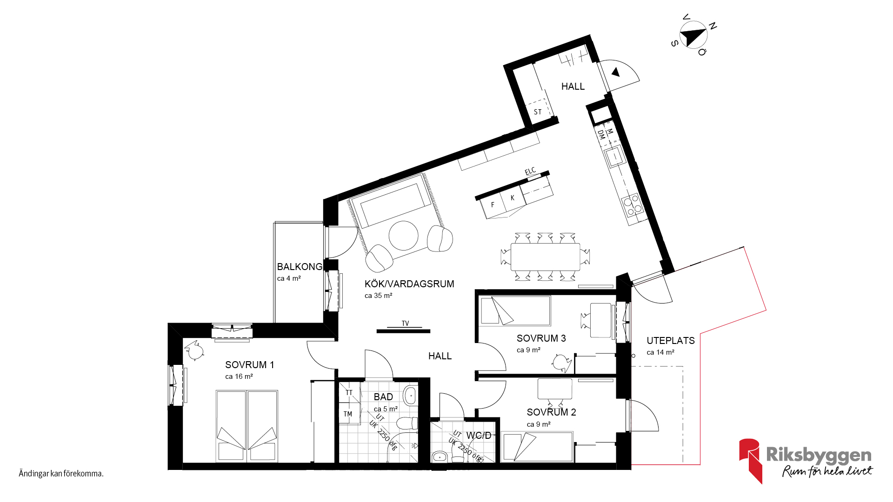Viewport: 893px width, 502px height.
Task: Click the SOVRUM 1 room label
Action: tap(249, 365)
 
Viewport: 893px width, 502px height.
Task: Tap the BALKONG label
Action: tap(300, 267)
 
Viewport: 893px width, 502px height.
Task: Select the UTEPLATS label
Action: tap(671, 341)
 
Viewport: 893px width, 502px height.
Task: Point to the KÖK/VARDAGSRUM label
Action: tap(409, 284)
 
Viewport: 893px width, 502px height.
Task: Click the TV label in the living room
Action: tap(405, 324)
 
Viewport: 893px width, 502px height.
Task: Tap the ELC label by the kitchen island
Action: tap(530, 171)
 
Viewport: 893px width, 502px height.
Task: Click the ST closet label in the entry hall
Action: tap(538, 112)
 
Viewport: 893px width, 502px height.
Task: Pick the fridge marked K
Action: tap(513, 198)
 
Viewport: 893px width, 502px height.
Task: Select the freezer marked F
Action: tap(493, 205)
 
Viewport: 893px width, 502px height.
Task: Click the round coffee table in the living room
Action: tap(403, 236)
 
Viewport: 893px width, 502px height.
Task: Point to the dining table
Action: tap(546, 257)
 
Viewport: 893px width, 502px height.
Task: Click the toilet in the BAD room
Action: tap(407, 423)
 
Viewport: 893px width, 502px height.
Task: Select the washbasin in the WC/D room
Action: tap(440, 456)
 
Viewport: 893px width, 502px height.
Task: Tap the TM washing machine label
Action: tap(348, 414)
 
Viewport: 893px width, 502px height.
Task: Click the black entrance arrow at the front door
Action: tap(616, 73)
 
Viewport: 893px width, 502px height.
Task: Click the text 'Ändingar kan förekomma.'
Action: tap(61, 474)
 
